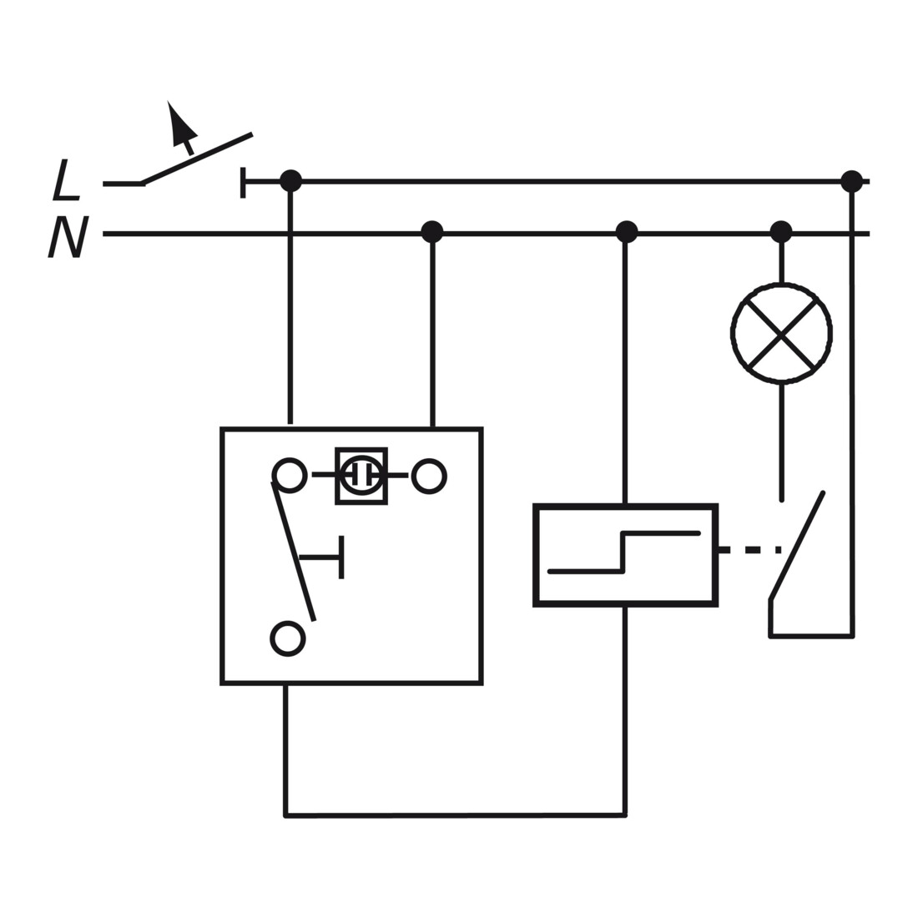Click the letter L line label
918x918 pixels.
click(x=66, y=180)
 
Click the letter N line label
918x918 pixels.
click(x=68, y=236)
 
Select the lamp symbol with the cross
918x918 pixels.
click(x=782, y=333)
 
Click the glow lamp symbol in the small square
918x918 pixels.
click(x=361, y=476)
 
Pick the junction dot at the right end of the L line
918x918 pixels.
click(x=851, y=181)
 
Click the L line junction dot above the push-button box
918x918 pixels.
click(x=291, y=181)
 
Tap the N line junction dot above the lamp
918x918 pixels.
click(x=781, y=232)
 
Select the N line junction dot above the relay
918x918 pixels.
click(x=627, y=232)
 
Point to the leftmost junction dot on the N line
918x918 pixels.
click(x=432, y=232)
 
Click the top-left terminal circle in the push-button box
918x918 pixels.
click(x=290, y=475)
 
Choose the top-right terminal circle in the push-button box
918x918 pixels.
click(x=429, y=476)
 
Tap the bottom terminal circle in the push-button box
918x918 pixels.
click(x=288, y=638)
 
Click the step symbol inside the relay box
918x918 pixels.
click(x=624, y=552)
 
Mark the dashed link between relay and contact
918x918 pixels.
click(x=750, y=550)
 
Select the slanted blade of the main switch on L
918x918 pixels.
click(x=198, y=159)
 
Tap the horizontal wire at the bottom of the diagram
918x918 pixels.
click(x=455, y=815)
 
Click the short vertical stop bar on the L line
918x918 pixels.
click(x=243, y=183)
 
